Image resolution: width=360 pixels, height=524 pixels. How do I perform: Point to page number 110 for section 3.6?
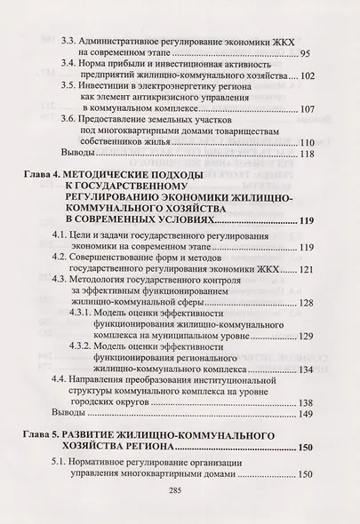[308, 142]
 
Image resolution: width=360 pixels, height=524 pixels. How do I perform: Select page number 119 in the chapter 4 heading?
[308, 221]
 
